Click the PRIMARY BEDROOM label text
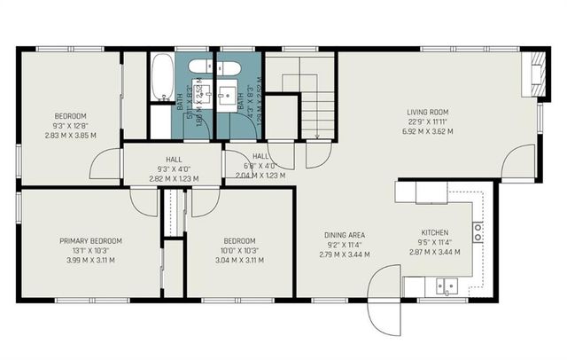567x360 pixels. point(90,240)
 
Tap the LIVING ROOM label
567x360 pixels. point(428,112)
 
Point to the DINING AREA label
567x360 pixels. point(345,235)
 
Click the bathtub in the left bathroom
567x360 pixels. point(161,78)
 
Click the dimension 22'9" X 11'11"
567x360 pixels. point(428,121)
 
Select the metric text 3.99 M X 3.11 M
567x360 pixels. point(90,261)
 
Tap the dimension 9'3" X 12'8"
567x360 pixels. point(70,126)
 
